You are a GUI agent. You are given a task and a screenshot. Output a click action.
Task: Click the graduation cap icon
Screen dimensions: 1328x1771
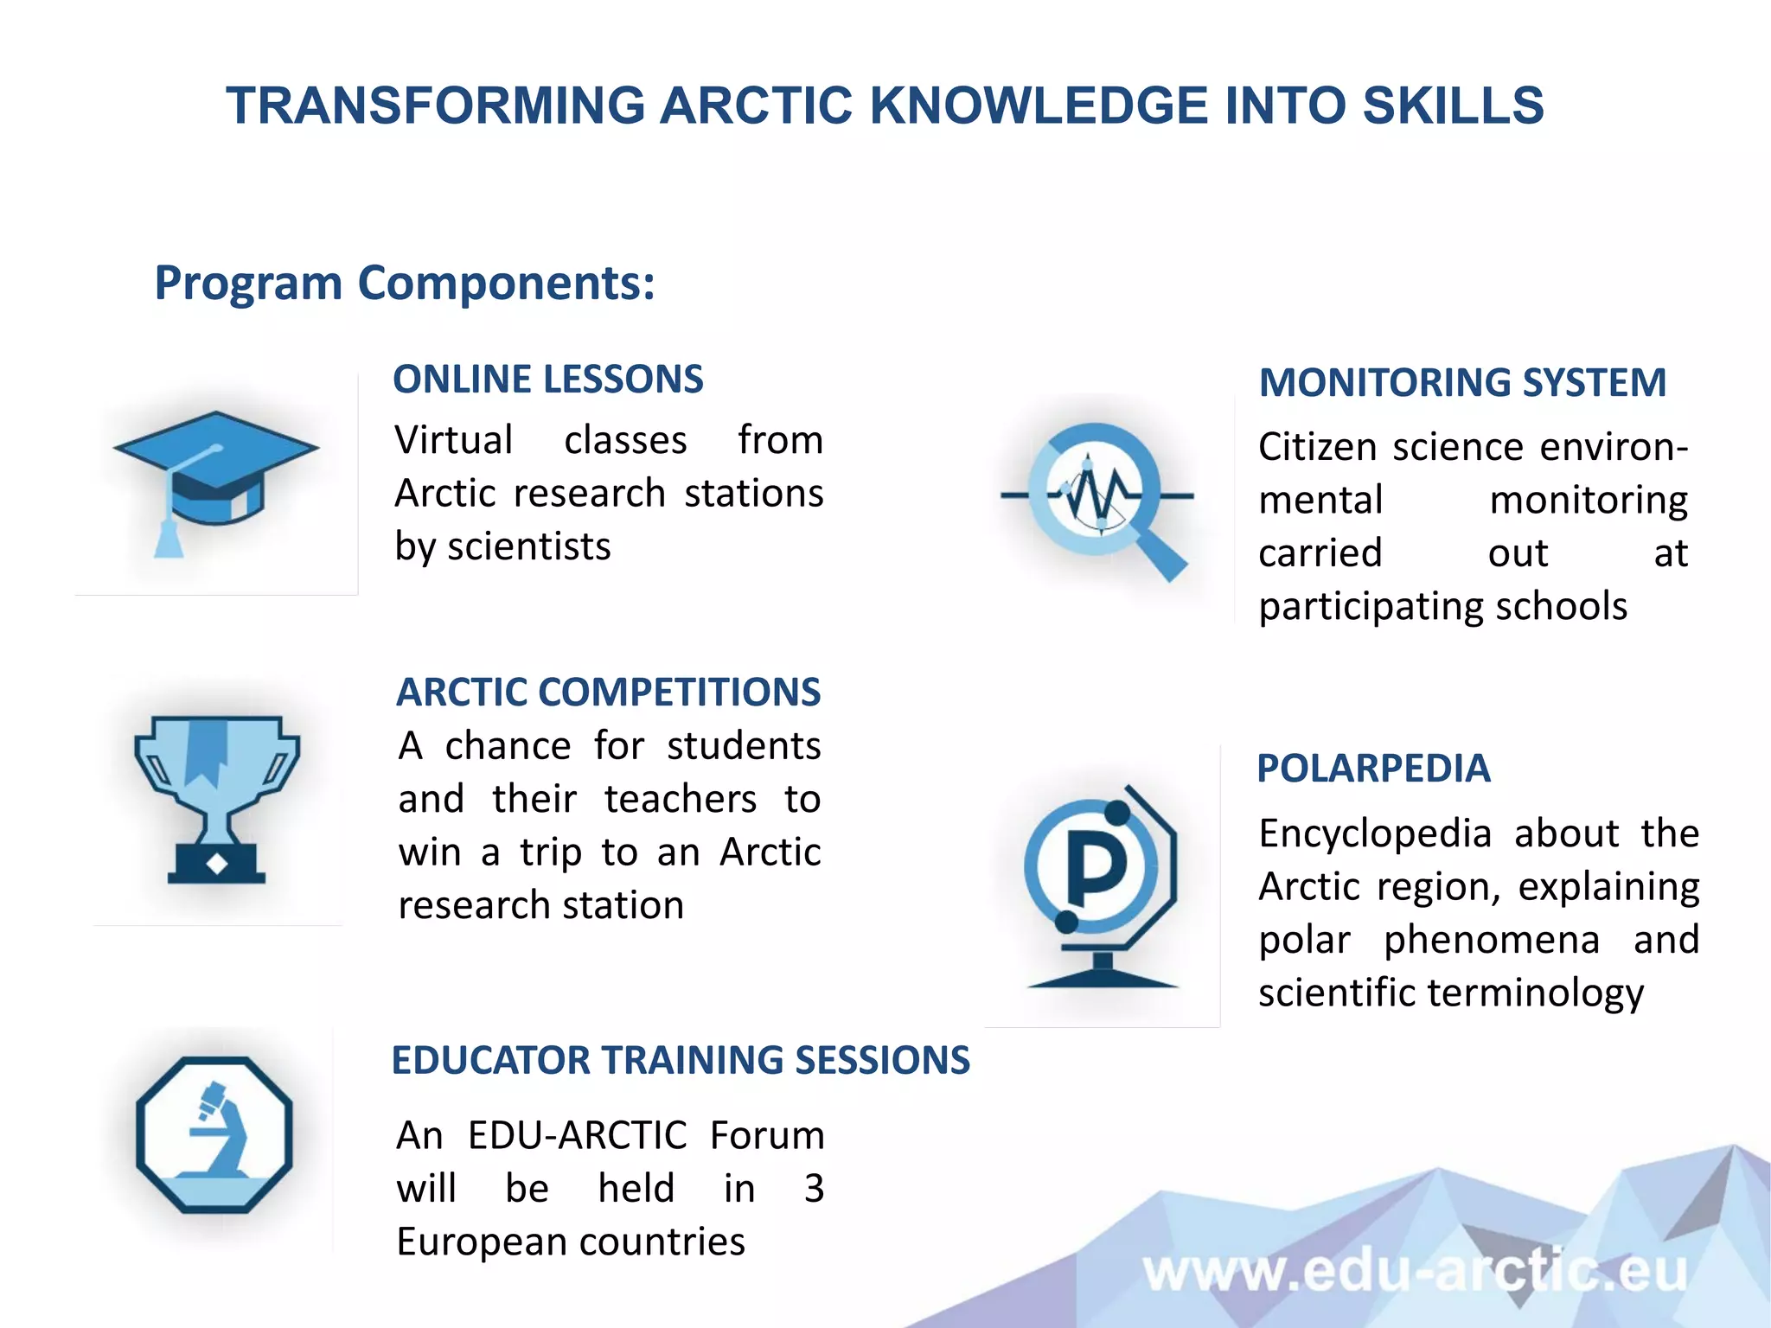click(216, 471)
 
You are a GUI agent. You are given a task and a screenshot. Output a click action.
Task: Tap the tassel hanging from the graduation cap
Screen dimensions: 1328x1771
click(168, 539)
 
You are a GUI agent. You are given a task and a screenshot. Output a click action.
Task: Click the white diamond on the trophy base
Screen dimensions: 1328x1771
click(217, 863)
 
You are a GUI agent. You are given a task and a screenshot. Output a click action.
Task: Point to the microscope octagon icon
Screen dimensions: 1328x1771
click(214, 1134)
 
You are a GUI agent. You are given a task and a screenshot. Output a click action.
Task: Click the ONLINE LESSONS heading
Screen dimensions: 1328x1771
click(548, 380)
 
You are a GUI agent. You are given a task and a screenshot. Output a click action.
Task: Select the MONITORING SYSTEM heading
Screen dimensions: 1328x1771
click(1462, 383)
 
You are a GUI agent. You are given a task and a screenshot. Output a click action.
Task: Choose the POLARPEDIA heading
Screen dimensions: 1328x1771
click(1373, 769)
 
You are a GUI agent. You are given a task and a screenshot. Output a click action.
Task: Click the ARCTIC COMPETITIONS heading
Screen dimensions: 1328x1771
click(609, 693)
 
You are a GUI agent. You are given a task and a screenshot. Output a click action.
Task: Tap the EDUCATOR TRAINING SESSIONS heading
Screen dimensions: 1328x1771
click(681, 1061)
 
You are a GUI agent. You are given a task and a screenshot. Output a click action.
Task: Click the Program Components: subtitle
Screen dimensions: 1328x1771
click(405, 283)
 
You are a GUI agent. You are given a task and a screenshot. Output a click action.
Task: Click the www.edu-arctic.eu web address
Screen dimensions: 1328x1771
click(1414, 1272)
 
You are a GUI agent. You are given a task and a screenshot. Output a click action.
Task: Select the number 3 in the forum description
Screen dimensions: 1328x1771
click(813, 1189)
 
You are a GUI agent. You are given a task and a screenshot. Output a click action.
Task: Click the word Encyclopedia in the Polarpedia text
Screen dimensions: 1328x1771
click(1375, 833)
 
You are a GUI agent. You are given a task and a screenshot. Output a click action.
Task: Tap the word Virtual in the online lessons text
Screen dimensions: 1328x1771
click(454, 440)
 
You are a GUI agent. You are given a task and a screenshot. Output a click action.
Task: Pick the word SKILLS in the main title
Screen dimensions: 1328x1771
click(1453, 105)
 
